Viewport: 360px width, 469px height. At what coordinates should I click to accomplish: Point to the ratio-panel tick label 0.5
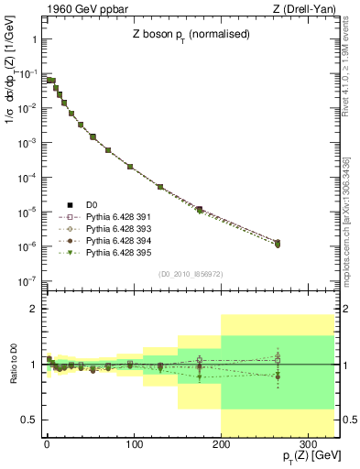tap(28, 420)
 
